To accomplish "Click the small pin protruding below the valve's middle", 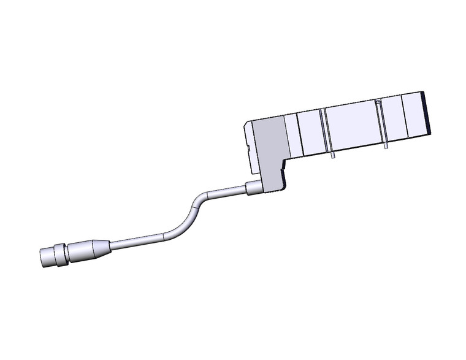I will [x=332, y=156].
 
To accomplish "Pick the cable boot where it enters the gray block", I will [x=253, y=190].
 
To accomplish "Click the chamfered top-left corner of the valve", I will [x=246, y=124].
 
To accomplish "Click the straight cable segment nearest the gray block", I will [x=227, y=193].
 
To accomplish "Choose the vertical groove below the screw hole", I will [x=381, y=123].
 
